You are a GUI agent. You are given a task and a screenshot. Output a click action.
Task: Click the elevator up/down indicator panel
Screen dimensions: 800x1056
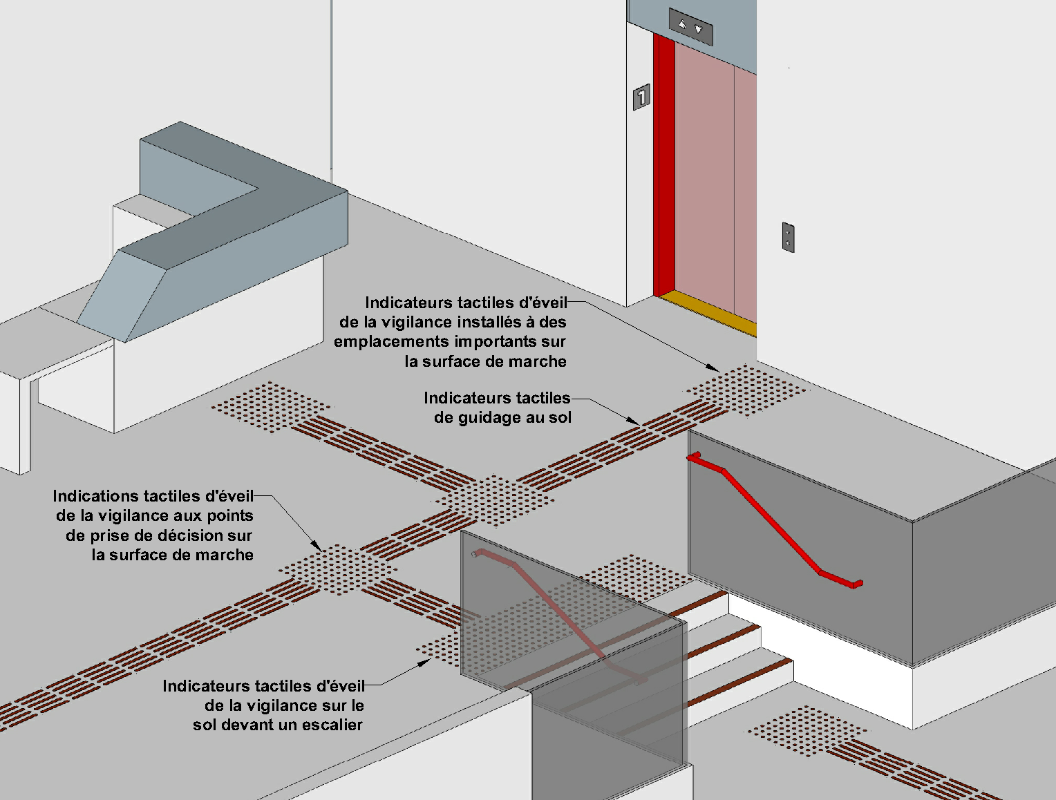pyautogui.click(x=690, y=28)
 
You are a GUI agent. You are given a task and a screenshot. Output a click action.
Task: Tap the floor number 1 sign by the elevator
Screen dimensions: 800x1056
pyautogui.click(x=642, y=97)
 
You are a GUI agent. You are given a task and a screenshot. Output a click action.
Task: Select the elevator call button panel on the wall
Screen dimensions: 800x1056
pyautogui.click(x=788, y=237)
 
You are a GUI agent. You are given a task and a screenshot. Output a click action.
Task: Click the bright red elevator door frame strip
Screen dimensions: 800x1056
pyautogui.click(x=663, y=166)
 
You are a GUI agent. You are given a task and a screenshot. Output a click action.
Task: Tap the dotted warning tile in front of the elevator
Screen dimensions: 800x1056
pyautogui.click(x=746, y=390)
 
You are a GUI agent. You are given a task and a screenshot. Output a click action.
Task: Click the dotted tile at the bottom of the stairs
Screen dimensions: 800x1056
pyautogui.click(x=807, y=731)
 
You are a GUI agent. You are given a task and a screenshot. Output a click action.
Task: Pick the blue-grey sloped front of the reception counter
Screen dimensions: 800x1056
pyautogui.click(x=124, y=297)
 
